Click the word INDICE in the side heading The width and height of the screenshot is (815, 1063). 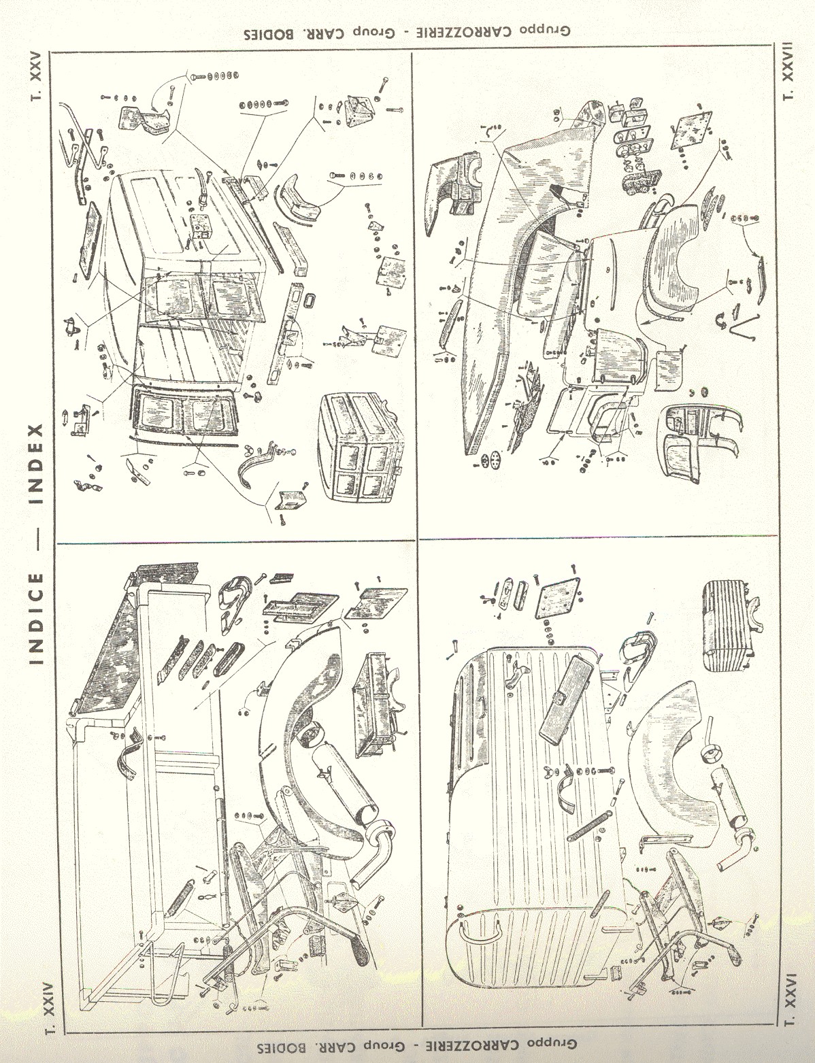pyautogui.click(x=37, y=618)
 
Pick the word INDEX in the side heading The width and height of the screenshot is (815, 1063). pyautogui.click(x=37, y=469)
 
